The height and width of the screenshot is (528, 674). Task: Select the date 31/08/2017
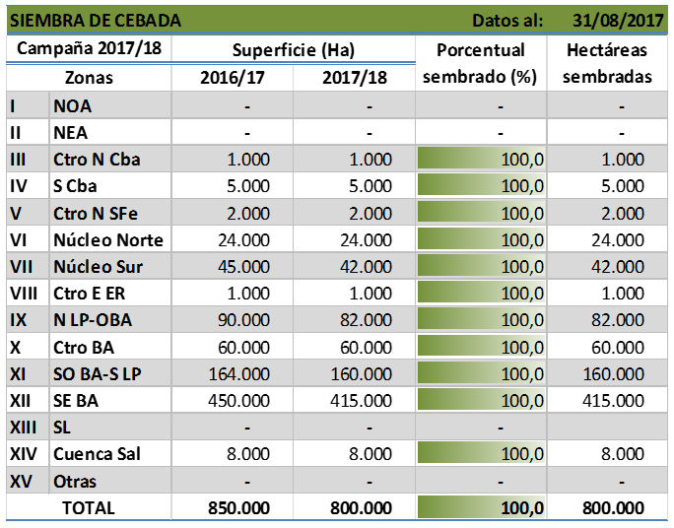[619, 21]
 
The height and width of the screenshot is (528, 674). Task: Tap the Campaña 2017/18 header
[87, 49]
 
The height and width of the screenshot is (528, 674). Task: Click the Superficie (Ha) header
[294, 50]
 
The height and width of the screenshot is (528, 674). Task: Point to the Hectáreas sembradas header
[612, 63]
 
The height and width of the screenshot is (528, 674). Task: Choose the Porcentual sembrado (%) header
[480, 63]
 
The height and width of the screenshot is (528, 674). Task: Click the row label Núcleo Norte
[108, 239]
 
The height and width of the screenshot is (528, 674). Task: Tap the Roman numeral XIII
[25, 428]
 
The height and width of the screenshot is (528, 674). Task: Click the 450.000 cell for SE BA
[237, 401]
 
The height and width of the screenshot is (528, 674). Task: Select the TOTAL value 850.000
[237, 508]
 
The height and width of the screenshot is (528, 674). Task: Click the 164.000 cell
[237, 373]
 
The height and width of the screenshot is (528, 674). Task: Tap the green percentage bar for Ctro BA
[480, 347]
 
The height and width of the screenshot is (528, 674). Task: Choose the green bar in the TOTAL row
[480, 508]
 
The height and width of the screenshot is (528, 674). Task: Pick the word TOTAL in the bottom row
[89, 508]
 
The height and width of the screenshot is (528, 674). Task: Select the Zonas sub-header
[89, 77]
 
